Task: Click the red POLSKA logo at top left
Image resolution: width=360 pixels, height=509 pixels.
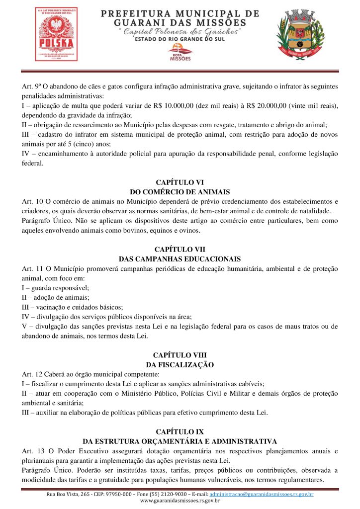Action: (56, 34)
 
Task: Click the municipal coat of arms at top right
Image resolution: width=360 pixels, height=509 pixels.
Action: (302, 34)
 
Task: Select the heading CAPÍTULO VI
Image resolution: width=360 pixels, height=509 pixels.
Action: (180, 182)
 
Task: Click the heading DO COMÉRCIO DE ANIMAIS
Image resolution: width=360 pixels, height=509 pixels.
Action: (180, 191)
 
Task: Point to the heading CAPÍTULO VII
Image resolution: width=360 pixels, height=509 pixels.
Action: (180, 249)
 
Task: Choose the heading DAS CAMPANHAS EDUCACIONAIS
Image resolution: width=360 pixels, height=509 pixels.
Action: (180, 258)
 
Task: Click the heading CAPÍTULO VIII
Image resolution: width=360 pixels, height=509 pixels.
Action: (180, 355)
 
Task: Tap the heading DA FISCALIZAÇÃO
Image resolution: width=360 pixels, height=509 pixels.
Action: (180, 364)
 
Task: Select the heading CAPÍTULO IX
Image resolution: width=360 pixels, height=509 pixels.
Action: (180, 431)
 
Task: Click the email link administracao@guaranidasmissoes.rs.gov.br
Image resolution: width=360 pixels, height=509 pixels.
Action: (262, 495)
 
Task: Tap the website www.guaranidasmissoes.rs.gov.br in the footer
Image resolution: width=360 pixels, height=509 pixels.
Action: (180, 501)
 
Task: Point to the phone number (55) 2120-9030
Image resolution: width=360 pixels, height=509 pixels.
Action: (149, 495)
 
